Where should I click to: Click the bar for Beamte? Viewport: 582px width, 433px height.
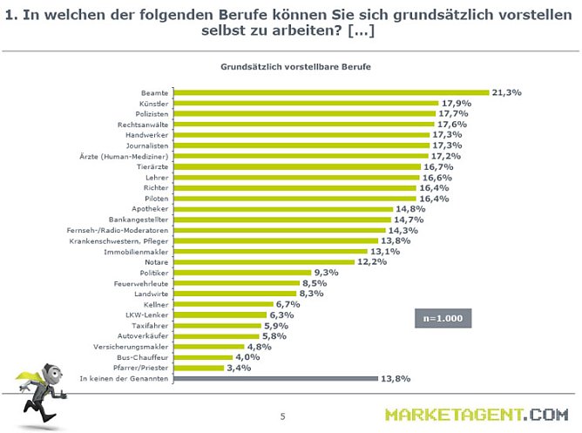pyautogui.click(x=332, y=92)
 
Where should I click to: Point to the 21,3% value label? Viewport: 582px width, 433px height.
pyautogui.click(x=507, y=91)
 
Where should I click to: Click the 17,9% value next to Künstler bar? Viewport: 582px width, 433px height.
pyautogui.click(x=455, y=103)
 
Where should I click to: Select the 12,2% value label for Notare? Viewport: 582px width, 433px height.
pyautogui.click(x=370, y=262)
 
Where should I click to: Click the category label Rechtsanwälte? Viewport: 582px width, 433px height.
pyautogui.click(x=144, y=125)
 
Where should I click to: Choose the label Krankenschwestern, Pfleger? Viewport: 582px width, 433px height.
pyautogui.click(x=118, y=241)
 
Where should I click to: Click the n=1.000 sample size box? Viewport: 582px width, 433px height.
pyautogui.click(x=443, y=319)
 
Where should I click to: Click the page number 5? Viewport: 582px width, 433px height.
pyautogui.click(x=282, y=416)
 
